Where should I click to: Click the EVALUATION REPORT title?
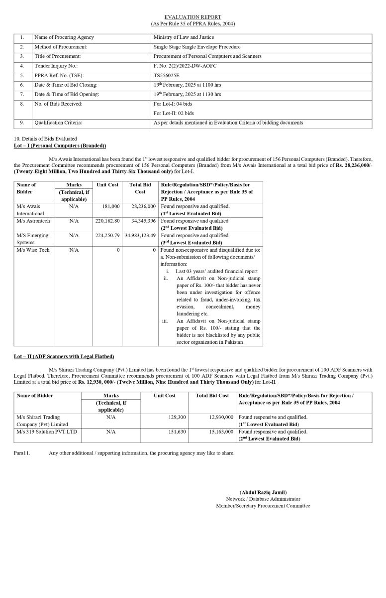tap(193, 17)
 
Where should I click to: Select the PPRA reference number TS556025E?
tap(168, 75)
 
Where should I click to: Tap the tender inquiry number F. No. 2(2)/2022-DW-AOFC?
tap(185, 66)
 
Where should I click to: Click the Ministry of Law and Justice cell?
tap(184, 37)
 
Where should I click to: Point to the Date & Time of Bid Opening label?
tap(67, 94)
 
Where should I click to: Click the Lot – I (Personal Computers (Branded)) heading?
tap(60, 146)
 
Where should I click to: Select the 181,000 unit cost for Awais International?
tap(111, 206)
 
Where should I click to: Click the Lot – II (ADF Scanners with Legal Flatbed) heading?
tap(64, 356)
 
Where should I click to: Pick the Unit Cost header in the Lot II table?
tap(164, 395)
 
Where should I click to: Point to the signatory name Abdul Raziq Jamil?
tap(263, 492)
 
